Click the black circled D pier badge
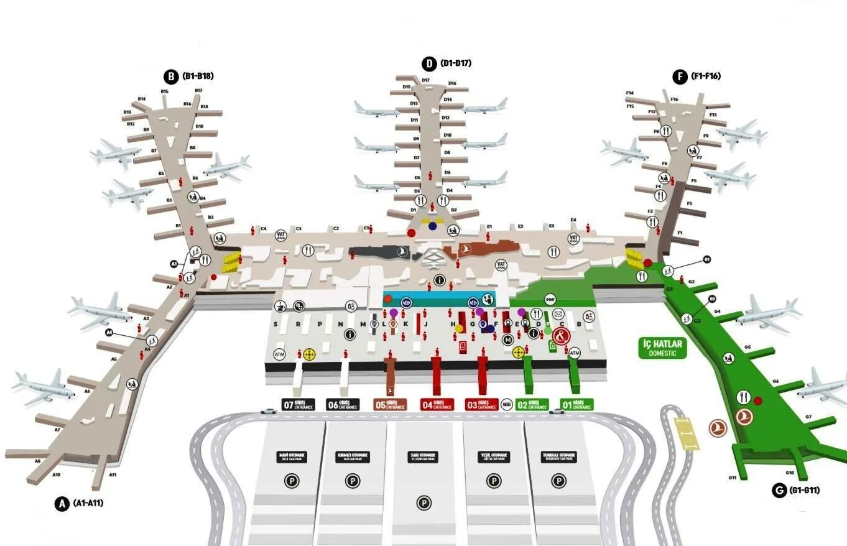point(429,63)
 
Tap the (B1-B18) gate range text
point(198,76)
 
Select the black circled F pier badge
point(680,76)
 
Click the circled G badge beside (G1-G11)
point(778,491)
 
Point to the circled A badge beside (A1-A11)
point(61,504)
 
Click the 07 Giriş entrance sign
point(299,405)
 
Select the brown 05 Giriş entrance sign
point(390,405)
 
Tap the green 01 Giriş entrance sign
point(576,404)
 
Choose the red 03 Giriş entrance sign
point(482,405)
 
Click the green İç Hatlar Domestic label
point(662,348)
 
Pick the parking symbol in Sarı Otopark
point(423,503)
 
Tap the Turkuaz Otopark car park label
point(559,457)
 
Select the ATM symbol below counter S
point(280,354)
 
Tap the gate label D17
point(426,80)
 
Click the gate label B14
point(142,99)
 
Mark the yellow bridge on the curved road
point(686,433)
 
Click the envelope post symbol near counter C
point(558,314)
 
